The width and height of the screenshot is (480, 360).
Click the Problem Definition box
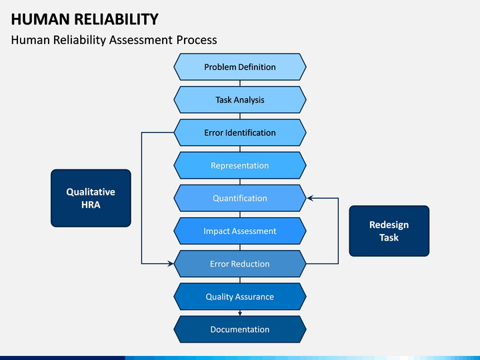[x=240, y=67]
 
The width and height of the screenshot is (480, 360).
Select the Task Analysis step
[x=240, y=100]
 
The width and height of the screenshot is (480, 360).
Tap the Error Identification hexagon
[x=240, y=133]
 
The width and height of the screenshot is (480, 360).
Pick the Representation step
[x=240, y=165]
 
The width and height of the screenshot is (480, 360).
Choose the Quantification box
[x=240, y=198]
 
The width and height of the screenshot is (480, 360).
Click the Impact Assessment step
[x=240, y=231]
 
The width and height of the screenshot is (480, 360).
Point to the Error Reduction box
[x=240, y=263]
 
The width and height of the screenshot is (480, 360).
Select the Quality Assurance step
[x=240, y=296]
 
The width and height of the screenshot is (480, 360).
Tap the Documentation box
[x=240, y=329]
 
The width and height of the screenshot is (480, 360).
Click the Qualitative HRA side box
[x=91, y=198]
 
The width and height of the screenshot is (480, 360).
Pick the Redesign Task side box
[x=389, y=231]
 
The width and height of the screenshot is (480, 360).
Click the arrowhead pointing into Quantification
[x=310, y=198]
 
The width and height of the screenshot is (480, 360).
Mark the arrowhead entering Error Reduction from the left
[x=171, y=263]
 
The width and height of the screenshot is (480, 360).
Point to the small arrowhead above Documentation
[x=240, y=313]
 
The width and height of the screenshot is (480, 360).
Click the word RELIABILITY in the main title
[x=116, y=19]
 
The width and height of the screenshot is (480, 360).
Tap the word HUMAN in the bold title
[x=41, y=19]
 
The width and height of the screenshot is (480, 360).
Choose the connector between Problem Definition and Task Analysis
[x=240, y=83]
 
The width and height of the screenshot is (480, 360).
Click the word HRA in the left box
[x=91, y=205]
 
